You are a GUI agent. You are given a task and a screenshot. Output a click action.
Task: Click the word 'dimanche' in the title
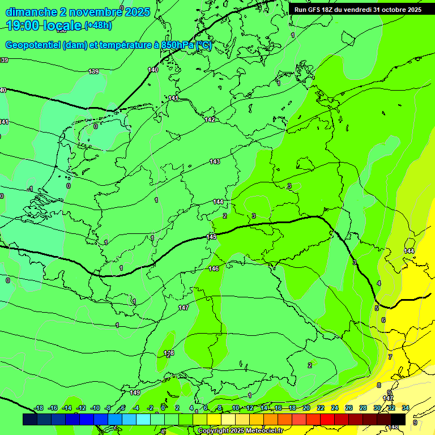tap(29, 11)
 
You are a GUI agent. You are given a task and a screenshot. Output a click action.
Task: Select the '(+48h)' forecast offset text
tap(98, 25)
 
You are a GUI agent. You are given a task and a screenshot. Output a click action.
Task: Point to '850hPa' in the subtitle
tap(177, 45)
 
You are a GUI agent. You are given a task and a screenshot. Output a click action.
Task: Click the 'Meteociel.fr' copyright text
tap(262, 431)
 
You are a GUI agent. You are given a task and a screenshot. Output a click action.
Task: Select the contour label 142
tap(210, 120)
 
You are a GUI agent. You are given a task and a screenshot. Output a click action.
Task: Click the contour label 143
tap(215, 161)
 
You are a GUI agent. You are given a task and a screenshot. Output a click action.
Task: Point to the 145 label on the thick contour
tap(211, 237)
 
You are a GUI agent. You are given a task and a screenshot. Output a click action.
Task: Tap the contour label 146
tap(214, 268)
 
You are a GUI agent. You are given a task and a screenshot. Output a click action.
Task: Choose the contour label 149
tap(135, 393)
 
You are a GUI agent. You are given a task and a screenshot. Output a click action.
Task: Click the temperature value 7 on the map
tap(390, 357)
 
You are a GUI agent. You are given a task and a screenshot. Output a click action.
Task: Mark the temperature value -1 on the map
tap(31, 189)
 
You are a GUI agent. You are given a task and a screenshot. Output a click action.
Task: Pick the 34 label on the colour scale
tap(406, 408)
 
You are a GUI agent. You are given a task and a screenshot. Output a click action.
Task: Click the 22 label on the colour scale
tap(321, 408)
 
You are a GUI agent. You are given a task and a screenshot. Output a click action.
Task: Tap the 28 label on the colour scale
tap(363, 408)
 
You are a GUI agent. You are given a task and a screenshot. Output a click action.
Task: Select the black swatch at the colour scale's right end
tap(398, 420)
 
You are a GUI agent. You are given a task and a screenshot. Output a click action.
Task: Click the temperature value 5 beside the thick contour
tap(377, 308)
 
